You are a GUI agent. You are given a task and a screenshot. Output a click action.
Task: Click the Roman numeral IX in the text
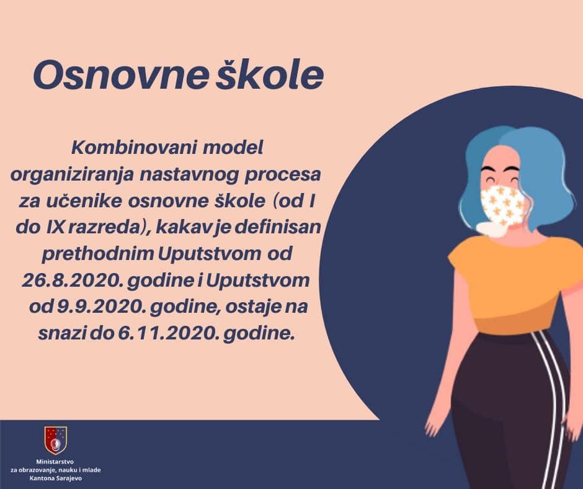(56, 227)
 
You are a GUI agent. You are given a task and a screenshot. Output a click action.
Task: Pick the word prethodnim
(98, 254)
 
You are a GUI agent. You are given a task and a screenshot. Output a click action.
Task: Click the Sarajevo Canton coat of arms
(56, 441)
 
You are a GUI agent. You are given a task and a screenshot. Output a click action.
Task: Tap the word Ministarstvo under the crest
(55, 462)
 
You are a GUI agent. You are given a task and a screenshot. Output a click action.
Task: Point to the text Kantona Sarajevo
(55, 478)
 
